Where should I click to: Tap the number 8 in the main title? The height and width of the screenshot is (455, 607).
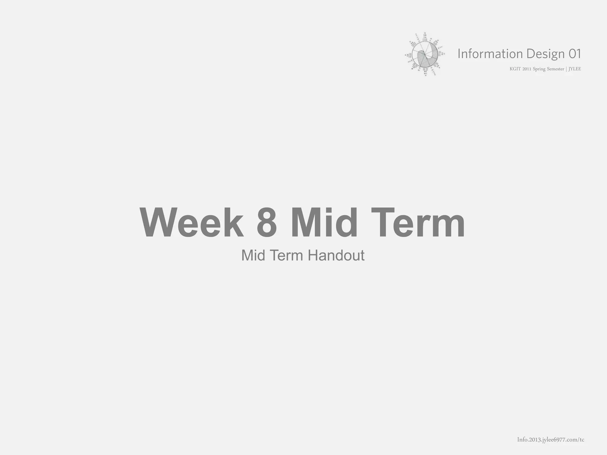pyautogui.click(x=267, y=222)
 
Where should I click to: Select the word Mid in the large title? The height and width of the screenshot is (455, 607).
pyautogui.click(x=325, y=222)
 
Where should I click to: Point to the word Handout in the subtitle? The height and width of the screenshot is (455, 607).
pyautogui.click(x=336, y=255)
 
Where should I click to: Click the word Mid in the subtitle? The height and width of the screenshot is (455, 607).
pyautogui.click(x=253, y=255)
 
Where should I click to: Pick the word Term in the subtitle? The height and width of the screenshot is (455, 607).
pyautogui.click(x=287, y=255)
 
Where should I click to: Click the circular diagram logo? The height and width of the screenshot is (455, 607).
pyautogui.click(x=425, y=55)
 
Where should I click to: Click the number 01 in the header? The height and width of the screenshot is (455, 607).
pyautogui.click(x=575, y=54)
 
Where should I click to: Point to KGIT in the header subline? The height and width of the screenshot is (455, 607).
pyautogui.click(x=515, y=69)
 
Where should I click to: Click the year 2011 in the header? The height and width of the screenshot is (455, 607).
pyautogui.click(x=527, y=69)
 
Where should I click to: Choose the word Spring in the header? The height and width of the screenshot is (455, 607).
pyautogui.click(x=539, y=69)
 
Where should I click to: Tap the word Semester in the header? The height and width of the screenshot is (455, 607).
pyautogui.click(x=555, y=69)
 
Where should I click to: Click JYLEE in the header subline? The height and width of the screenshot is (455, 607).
pyautogui.click(x=575, y=69)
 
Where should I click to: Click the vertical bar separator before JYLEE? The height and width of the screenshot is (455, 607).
pyautogui.click(x=566, y=69)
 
